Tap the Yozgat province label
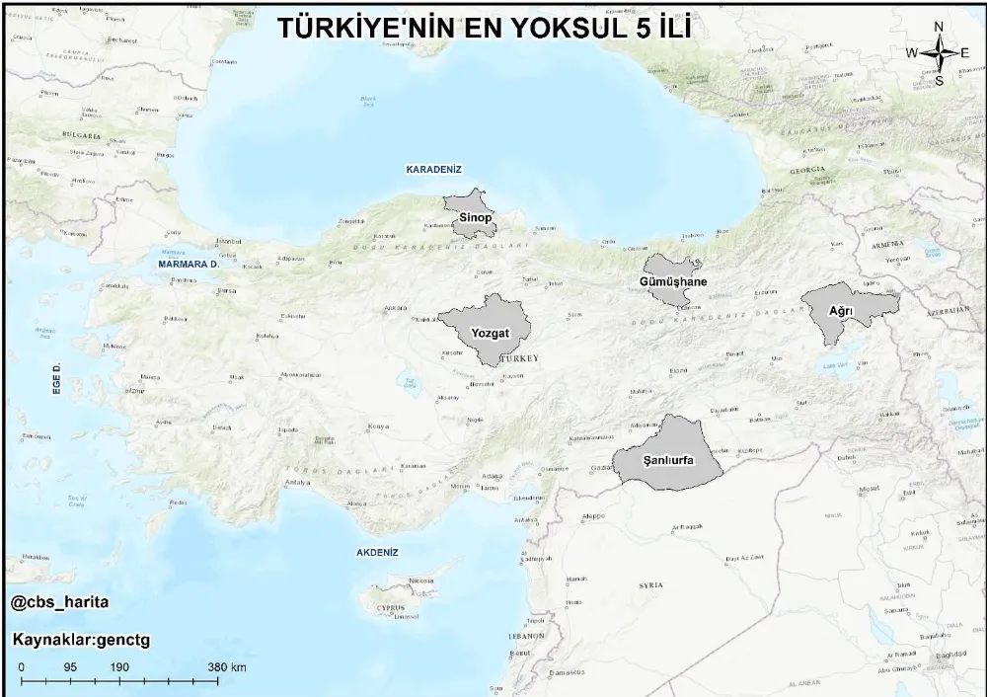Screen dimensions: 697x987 490,333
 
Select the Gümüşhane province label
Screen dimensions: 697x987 674,282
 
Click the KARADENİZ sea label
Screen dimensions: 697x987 434,170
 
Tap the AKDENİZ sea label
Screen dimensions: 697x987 377,553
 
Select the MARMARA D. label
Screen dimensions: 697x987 187,265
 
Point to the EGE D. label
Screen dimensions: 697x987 57,379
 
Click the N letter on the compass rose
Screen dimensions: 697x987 939,27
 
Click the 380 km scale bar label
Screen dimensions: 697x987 227,667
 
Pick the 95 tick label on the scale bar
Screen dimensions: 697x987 70,667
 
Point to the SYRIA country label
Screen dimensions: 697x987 650,585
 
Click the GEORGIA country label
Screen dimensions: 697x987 807,170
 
